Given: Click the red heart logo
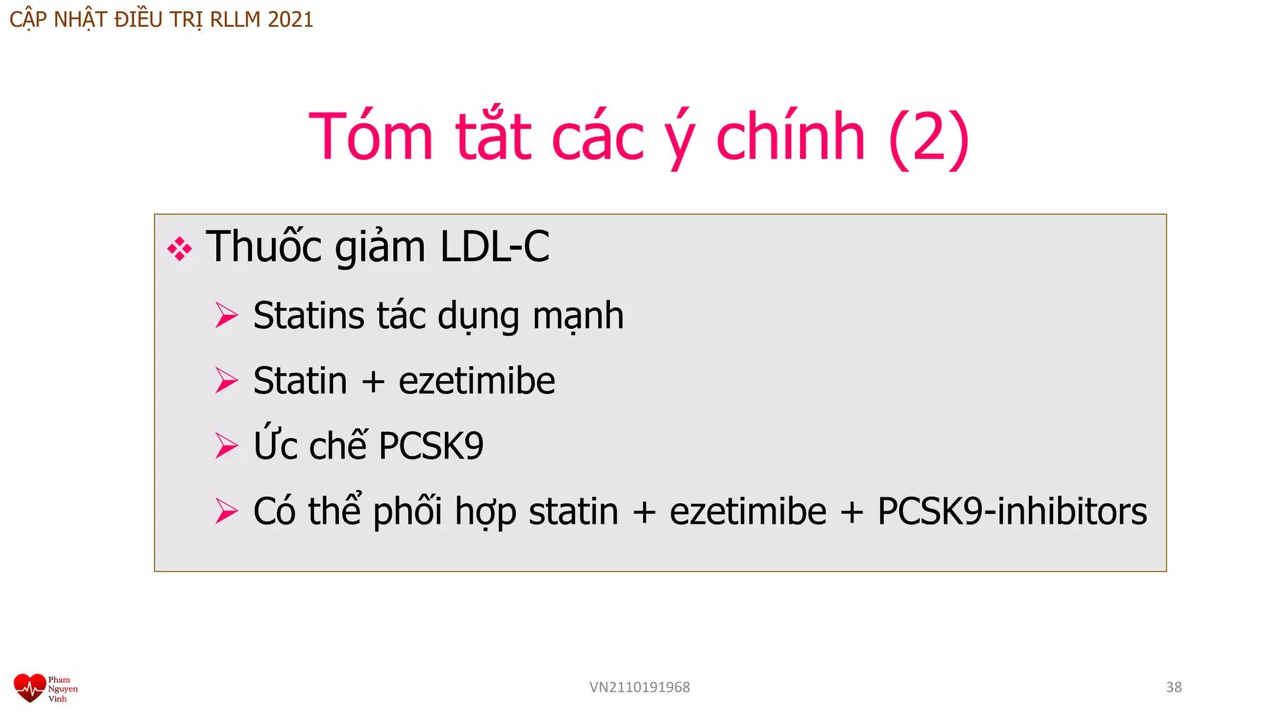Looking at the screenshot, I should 29,688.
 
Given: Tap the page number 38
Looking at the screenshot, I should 1174,687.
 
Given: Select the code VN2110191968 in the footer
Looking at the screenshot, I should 639,687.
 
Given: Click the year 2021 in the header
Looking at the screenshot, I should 290,20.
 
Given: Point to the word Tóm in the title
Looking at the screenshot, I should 371,137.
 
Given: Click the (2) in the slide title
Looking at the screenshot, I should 929,137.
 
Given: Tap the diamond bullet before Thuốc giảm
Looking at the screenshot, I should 179,249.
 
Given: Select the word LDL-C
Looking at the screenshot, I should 494,247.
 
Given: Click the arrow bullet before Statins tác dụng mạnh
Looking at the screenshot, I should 226,315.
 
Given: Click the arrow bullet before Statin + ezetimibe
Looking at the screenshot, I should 226,381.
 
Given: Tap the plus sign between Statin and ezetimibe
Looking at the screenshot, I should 373,381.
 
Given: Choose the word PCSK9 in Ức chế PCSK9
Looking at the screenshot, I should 431,446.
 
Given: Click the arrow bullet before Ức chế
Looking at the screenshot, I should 226,446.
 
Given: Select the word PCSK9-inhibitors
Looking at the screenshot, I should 1012,511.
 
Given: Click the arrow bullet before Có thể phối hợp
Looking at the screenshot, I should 226,511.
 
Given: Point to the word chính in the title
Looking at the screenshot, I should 791,137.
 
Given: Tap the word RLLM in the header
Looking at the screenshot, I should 235,20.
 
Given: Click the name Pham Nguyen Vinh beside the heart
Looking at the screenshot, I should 62,689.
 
